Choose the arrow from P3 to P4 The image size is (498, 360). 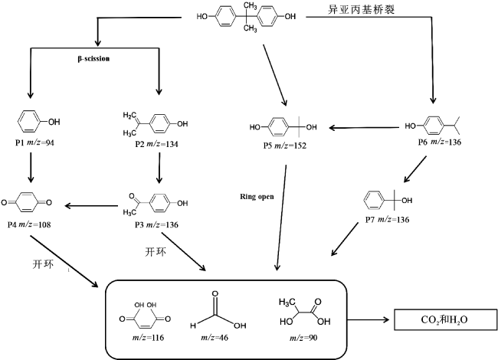click(92, 205)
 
